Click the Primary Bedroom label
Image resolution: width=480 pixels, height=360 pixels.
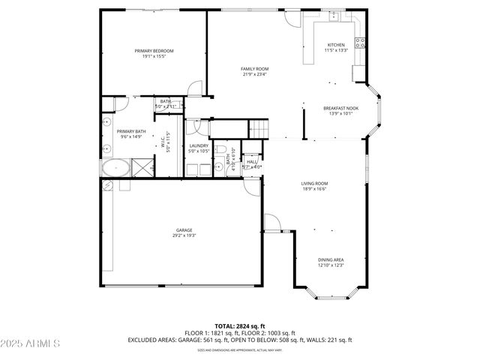pos(149,51)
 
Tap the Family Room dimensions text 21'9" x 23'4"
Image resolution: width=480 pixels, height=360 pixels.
pos(254,74)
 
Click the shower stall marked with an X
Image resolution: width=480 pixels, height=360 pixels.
pos(141,166)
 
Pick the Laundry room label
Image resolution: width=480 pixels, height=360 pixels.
pos(198,145)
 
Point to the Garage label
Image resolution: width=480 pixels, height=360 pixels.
pos(184,229)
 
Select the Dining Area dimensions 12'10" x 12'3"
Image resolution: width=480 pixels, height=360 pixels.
pos(331,265)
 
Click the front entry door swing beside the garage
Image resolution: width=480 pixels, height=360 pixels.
pos(272,223)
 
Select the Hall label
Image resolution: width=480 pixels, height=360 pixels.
pos(252,161)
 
